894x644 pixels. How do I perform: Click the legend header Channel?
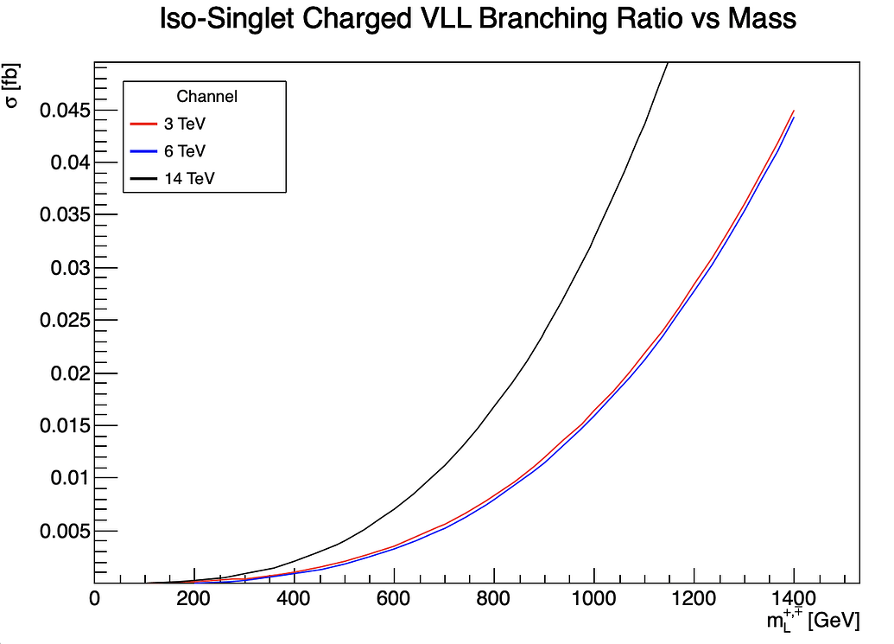(206, 96)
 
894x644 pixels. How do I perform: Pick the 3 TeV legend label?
(184, 123)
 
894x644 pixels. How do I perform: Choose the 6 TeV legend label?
(184, 150)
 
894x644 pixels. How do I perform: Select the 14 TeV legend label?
(187, 179)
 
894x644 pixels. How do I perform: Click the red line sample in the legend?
(143, 123)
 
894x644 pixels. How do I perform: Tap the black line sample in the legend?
(143, 179)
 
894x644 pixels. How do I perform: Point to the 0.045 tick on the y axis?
(62, 111)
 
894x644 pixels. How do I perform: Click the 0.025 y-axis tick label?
(62, 321)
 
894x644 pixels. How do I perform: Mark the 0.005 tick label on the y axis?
(62, 531)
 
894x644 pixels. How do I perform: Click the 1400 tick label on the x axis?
(793, 598)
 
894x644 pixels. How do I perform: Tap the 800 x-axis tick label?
(493, 598)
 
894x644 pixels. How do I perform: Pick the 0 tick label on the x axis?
(94, 598)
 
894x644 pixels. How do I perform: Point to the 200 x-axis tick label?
(193, 598)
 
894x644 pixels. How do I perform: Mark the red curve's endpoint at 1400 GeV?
(793, 111)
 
